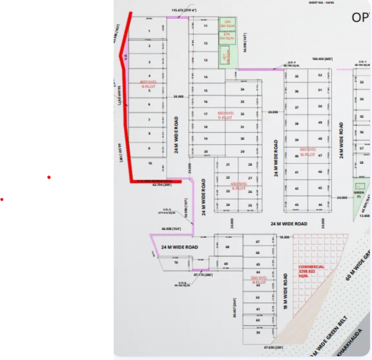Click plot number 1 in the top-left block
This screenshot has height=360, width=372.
(149, 31)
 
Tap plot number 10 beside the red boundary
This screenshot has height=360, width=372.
(150, 163)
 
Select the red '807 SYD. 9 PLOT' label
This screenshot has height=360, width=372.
(148, 84)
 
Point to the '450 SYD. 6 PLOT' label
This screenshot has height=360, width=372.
(239, 186)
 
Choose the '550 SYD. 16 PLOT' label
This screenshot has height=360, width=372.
(307, 151)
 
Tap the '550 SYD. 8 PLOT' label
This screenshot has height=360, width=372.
(258, 280)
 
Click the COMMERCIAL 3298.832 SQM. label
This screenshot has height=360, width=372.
(311, 271)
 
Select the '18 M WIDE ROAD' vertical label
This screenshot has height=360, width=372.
(285, 293)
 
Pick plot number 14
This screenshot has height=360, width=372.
(206, 77)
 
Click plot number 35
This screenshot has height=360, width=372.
(297, 76)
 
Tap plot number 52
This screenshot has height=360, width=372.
(320, 75)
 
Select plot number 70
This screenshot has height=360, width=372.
(175, 263)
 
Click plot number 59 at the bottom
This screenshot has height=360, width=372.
(258, 333)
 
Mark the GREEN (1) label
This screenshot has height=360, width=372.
(359, 195)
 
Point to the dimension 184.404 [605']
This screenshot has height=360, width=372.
(322, 59)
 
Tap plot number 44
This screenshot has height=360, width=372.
(320, 205)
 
